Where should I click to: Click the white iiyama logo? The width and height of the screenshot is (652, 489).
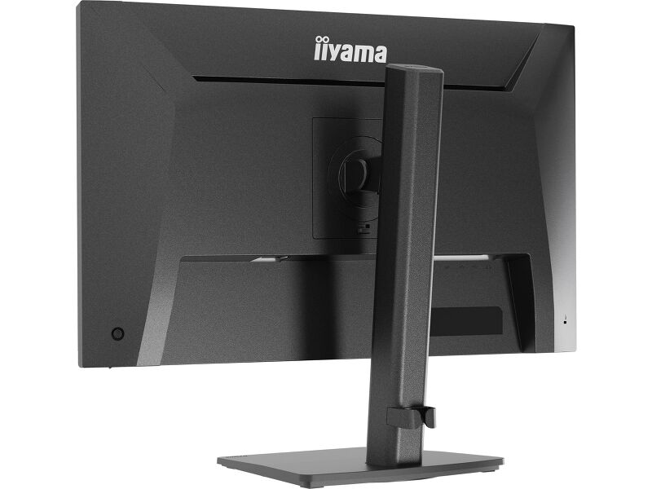coord(350,51)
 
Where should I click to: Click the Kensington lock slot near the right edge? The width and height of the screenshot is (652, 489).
coord(565,320)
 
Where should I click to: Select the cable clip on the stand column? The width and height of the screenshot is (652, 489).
coord(411,417)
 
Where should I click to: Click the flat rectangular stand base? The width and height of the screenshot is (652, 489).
coord(360,465)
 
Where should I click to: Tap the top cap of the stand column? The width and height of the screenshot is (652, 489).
coord(414,68)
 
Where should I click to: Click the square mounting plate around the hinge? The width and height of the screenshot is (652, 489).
coord(348,178)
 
